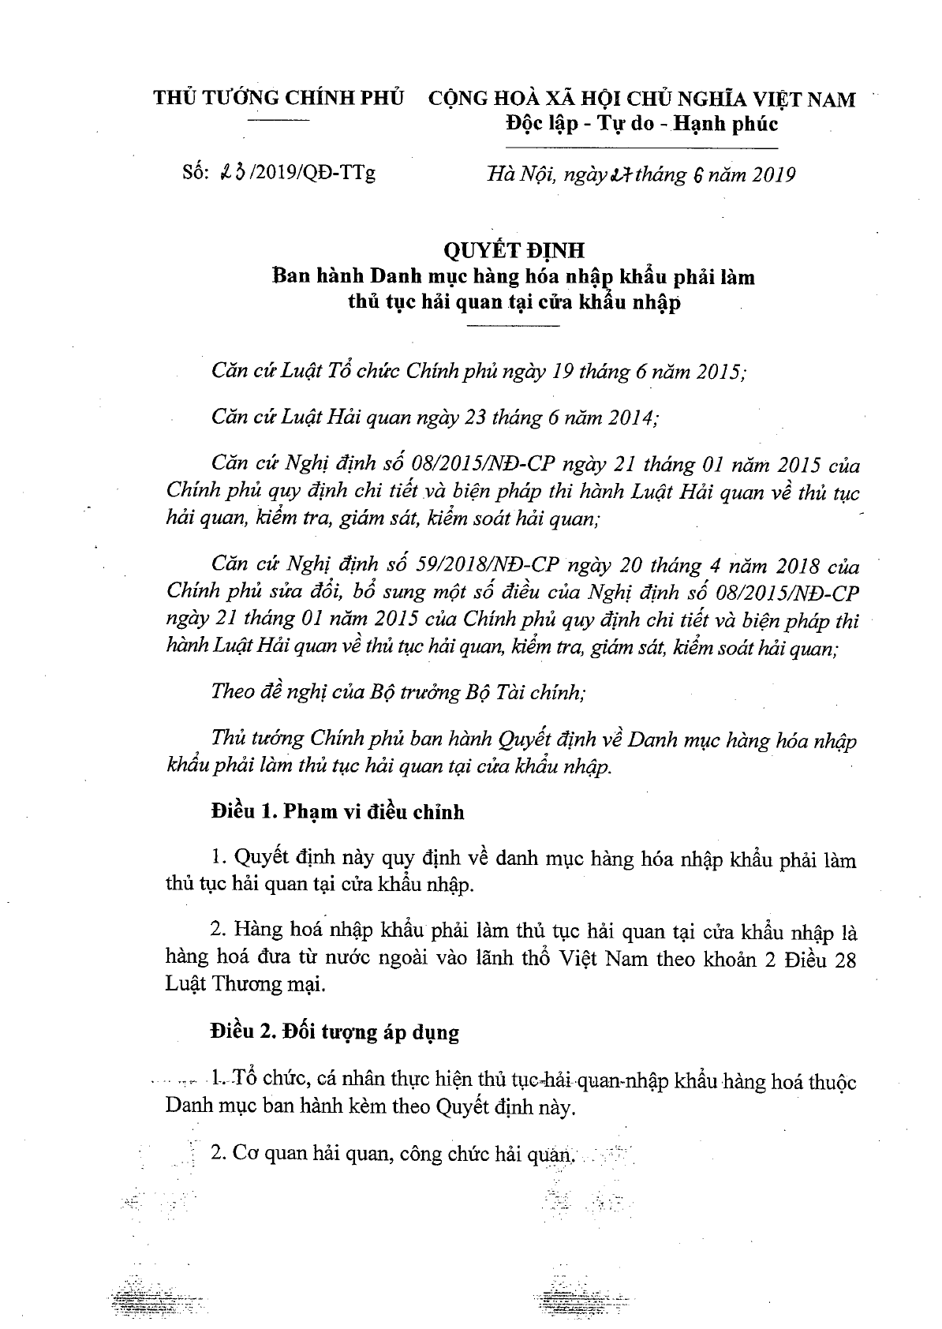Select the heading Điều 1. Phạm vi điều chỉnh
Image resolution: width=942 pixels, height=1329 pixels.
click(x=337, y=811)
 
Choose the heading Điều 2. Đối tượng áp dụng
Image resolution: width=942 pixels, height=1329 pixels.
click(x=335, y=1031)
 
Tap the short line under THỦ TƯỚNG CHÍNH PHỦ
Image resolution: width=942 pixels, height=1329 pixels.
click(x=279, y=120)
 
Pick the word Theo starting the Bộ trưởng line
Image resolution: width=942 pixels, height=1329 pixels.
click(x=234, y=693)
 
